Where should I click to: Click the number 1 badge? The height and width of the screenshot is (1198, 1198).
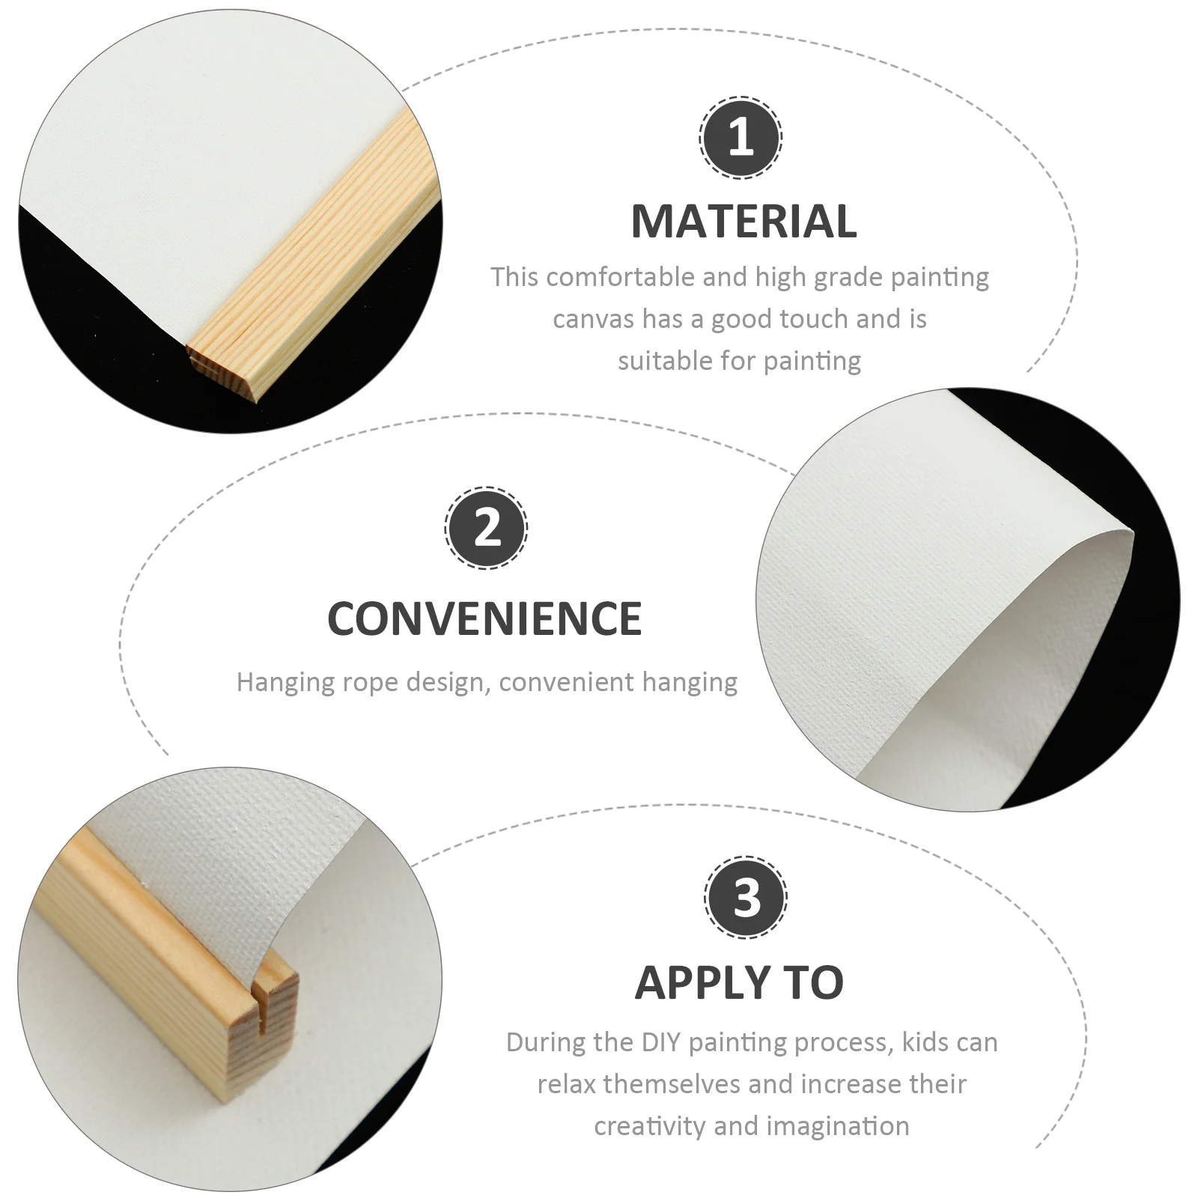click(741, 138)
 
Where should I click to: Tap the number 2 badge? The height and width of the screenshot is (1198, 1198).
click(487, 528)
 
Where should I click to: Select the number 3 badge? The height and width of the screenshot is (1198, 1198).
click(746, 897)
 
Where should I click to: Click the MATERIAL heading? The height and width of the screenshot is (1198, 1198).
click(744, 222)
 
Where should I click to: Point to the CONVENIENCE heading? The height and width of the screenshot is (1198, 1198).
click(484, 618)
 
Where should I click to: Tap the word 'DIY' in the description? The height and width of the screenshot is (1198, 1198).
click(659, 1042)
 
